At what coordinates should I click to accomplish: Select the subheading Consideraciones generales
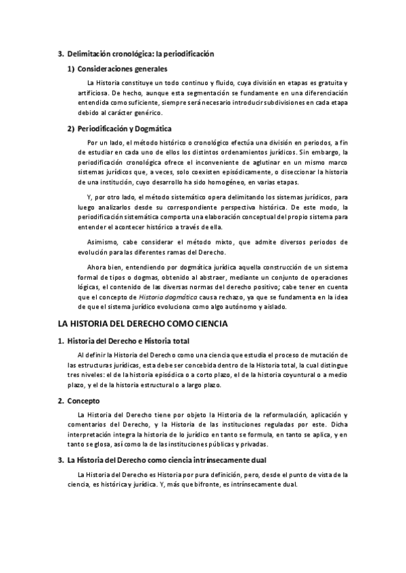coord(122,68)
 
